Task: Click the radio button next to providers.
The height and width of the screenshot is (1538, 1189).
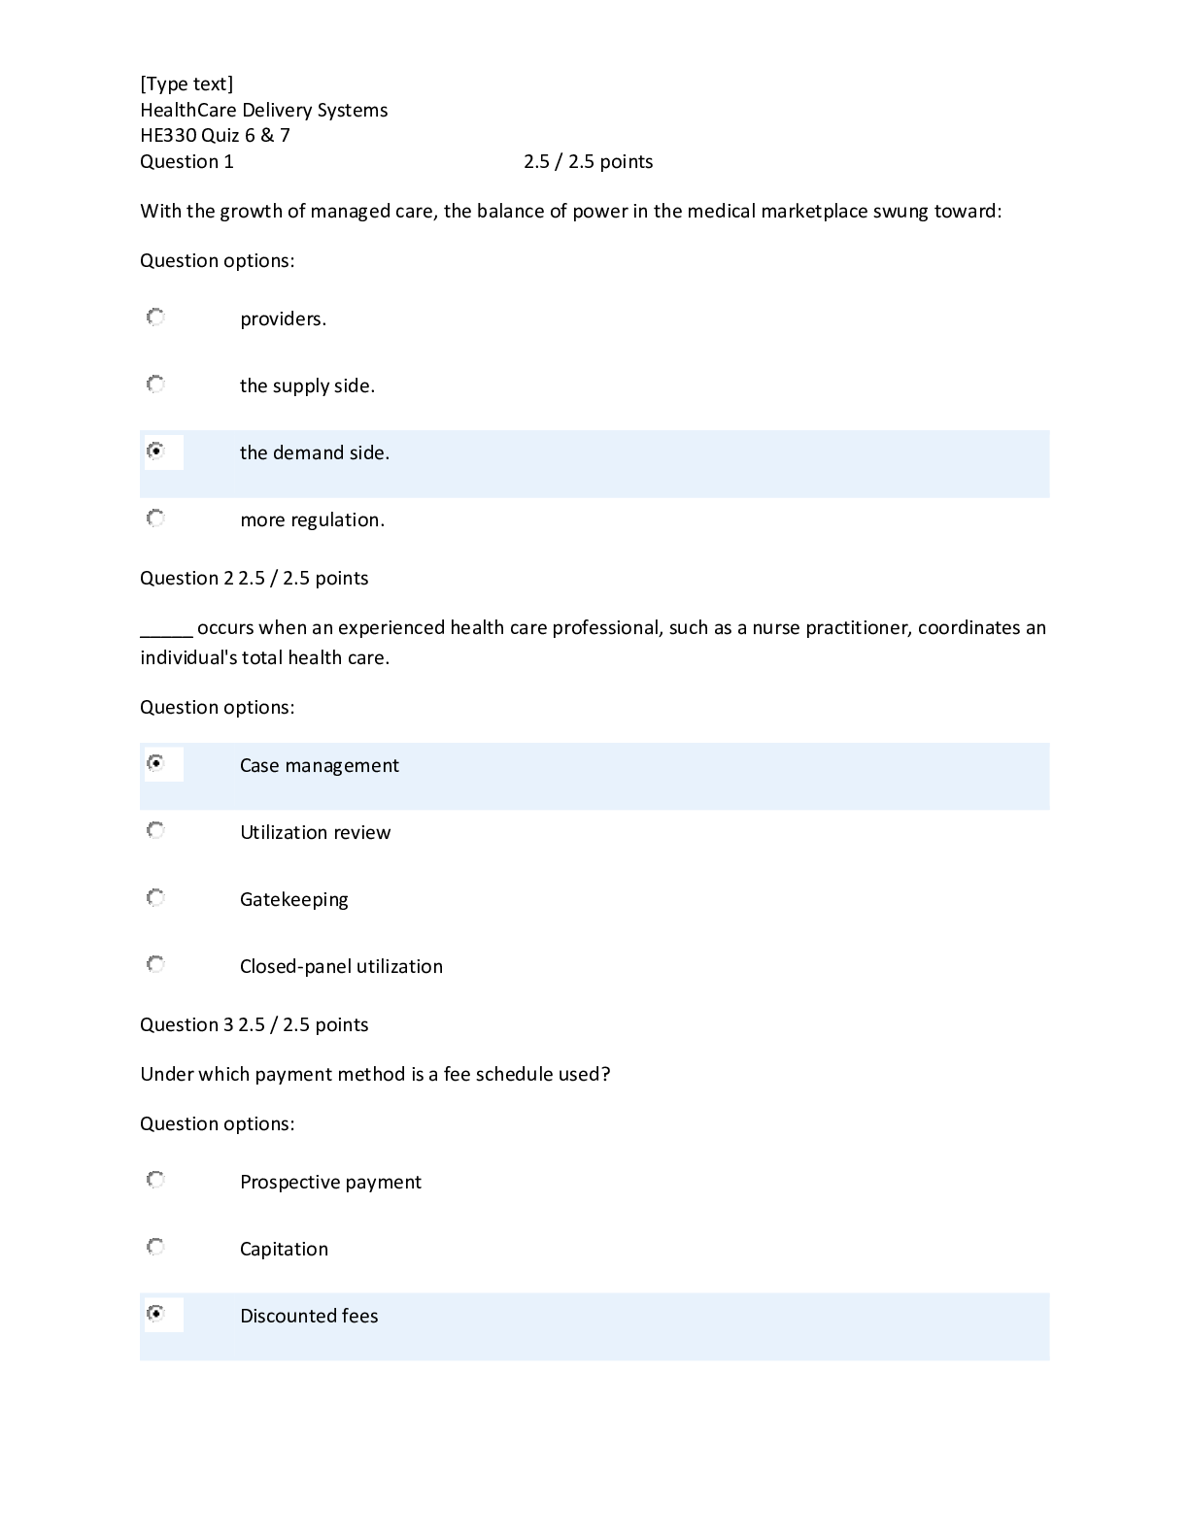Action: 155,318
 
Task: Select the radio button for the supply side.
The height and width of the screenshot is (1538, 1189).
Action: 155,384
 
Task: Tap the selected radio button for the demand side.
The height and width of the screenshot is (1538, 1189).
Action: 155,451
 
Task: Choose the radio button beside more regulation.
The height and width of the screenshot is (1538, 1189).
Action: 155,518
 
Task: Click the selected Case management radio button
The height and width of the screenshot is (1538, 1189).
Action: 155,763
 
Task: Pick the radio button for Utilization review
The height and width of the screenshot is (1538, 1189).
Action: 155,830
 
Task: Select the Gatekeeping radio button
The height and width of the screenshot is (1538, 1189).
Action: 155,897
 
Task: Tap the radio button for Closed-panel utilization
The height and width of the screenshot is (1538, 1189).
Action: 155,964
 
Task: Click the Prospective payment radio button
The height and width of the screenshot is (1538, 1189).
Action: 155,1180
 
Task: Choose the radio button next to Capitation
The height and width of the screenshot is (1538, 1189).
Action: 155,1247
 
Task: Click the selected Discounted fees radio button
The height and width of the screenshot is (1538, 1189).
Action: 155,1314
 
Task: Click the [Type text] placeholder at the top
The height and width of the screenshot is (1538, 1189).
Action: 187,84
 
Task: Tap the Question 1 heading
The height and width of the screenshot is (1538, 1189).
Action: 187,162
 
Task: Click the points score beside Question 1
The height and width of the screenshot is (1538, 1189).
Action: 588,162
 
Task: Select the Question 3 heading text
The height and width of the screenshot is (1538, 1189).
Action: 187,1025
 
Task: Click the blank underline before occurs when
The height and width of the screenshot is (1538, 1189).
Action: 166,629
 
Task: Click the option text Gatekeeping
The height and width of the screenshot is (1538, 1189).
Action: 293,900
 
